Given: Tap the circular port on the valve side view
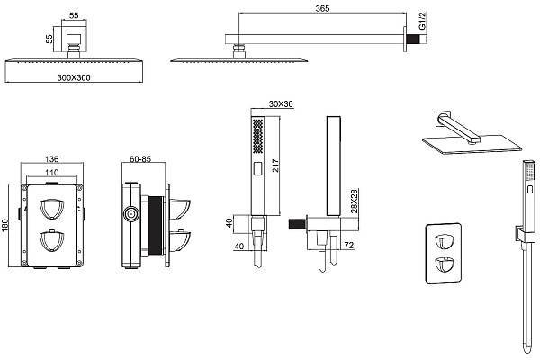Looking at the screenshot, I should pyautogui.click(x=131, y=214).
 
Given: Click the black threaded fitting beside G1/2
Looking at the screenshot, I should pyautogui.click(x=416, y=40).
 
